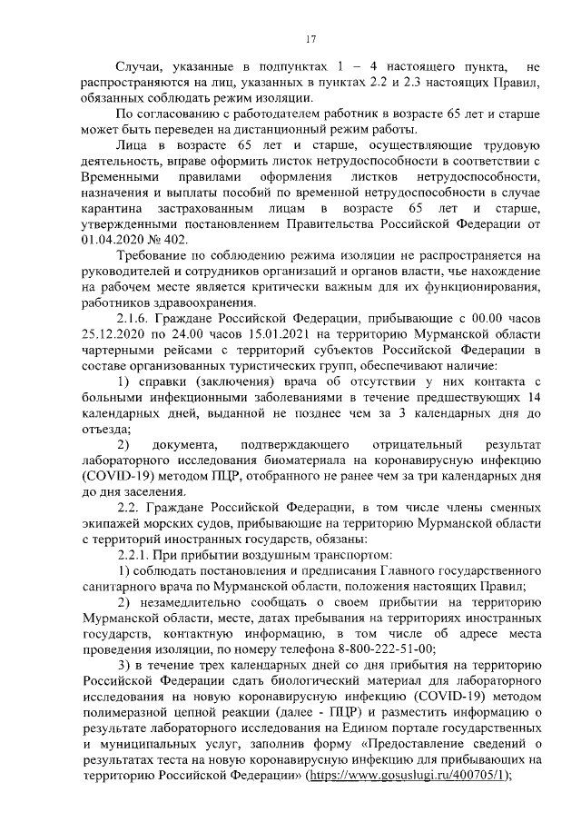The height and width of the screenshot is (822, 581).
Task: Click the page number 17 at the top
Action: click(x=310, y=37)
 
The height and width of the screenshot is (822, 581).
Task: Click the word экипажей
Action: click(x=111, y=521)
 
